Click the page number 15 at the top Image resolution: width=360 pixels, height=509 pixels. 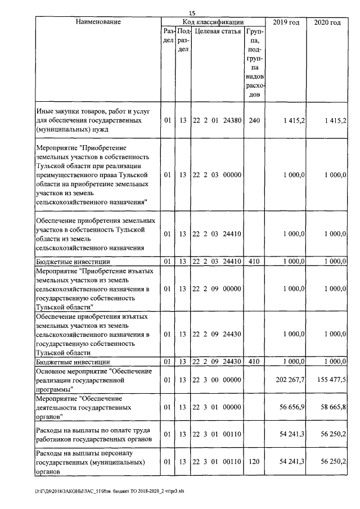tap(192, 12)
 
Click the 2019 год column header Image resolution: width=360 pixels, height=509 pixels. tap(286, 22)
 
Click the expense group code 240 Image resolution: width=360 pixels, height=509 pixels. tap(254, 120)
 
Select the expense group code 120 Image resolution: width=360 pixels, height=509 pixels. tap(254, 462)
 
